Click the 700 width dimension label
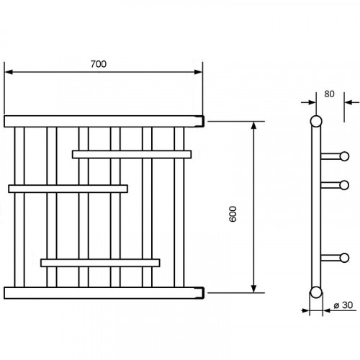99,64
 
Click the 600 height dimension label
233,214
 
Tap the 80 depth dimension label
329,94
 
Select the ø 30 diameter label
343,305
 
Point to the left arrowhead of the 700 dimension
9,72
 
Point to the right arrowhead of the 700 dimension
199,72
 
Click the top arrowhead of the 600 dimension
253,125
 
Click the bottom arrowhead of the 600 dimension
253,289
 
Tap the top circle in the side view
316,121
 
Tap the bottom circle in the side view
316,292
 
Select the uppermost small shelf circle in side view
344,156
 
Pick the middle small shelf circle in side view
344,185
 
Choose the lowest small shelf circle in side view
344,258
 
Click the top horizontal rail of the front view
104,122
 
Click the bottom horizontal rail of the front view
104,293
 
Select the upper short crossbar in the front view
132,154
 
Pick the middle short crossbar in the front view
68,189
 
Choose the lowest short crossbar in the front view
100,263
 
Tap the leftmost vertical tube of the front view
19,207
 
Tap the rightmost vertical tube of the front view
179,207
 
